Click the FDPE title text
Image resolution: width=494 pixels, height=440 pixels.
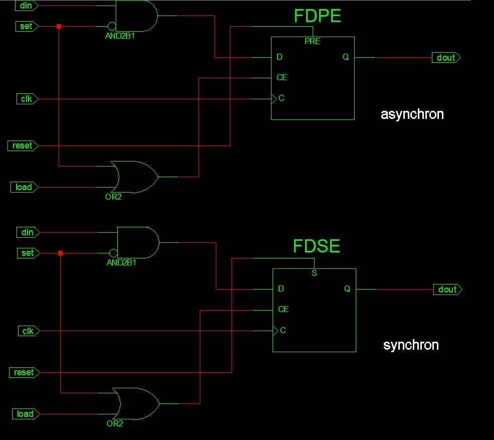317,16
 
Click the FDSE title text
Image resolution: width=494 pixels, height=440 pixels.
317,246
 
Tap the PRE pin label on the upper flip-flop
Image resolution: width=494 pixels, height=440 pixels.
312,42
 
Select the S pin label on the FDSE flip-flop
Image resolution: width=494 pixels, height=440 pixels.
314,273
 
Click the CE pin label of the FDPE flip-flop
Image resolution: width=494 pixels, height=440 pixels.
282,78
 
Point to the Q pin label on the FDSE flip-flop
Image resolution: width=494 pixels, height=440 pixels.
347,289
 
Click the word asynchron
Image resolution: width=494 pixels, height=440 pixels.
412,114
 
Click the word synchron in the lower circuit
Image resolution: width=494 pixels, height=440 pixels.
411,345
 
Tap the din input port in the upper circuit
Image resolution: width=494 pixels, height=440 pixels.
27,6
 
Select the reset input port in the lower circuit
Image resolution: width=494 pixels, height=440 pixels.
24,372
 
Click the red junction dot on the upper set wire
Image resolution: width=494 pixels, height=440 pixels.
59,26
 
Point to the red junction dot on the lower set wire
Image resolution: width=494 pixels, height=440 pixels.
60,253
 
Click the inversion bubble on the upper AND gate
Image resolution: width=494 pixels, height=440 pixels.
112,26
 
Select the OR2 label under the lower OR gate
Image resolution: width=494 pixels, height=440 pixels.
115,423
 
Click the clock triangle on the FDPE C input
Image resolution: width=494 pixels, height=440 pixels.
274,98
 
